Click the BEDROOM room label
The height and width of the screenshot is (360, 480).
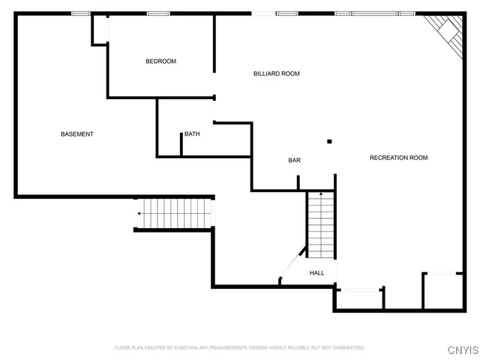click(160, 61)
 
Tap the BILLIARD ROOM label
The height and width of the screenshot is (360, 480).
click(276, 73)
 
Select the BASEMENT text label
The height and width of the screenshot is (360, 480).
click(77, 134)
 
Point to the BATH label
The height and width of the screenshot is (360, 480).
click(193, 134)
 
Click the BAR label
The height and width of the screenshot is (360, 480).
click(295, 160)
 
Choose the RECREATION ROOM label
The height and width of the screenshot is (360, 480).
click(398, 157)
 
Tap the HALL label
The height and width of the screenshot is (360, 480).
click(317, 273)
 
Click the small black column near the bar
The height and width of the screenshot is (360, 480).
click(328, 140)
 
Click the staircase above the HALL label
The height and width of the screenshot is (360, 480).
click(320, 225)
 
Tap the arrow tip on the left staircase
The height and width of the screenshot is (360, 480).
click(139, 214)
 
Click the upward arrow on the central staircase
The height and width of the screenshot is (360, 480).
click(321, 195)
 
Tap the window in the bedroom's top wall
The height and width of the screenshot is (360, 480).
click(157, 13)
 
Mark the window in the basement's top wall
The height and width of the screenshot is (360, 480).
click(81, 13)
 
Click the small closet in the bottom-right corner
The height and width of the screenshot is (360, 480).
click(442, 291)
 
